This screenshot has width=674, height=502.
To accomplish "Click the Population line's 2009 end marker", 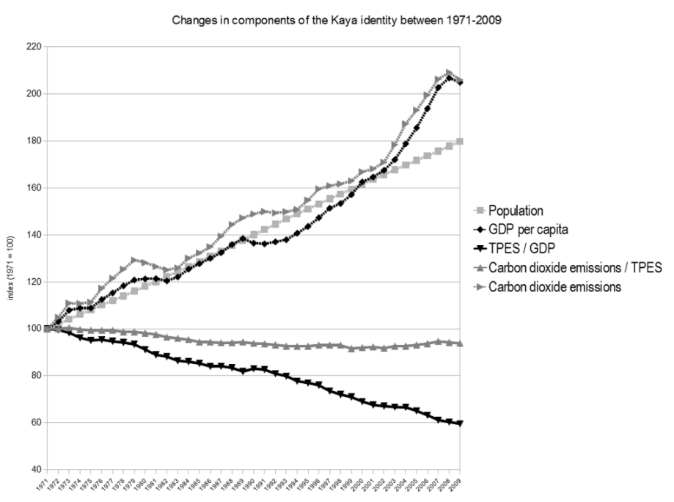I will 461,141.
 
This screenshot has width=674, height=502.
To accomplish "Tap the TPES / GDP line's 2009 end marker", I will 461,423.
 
